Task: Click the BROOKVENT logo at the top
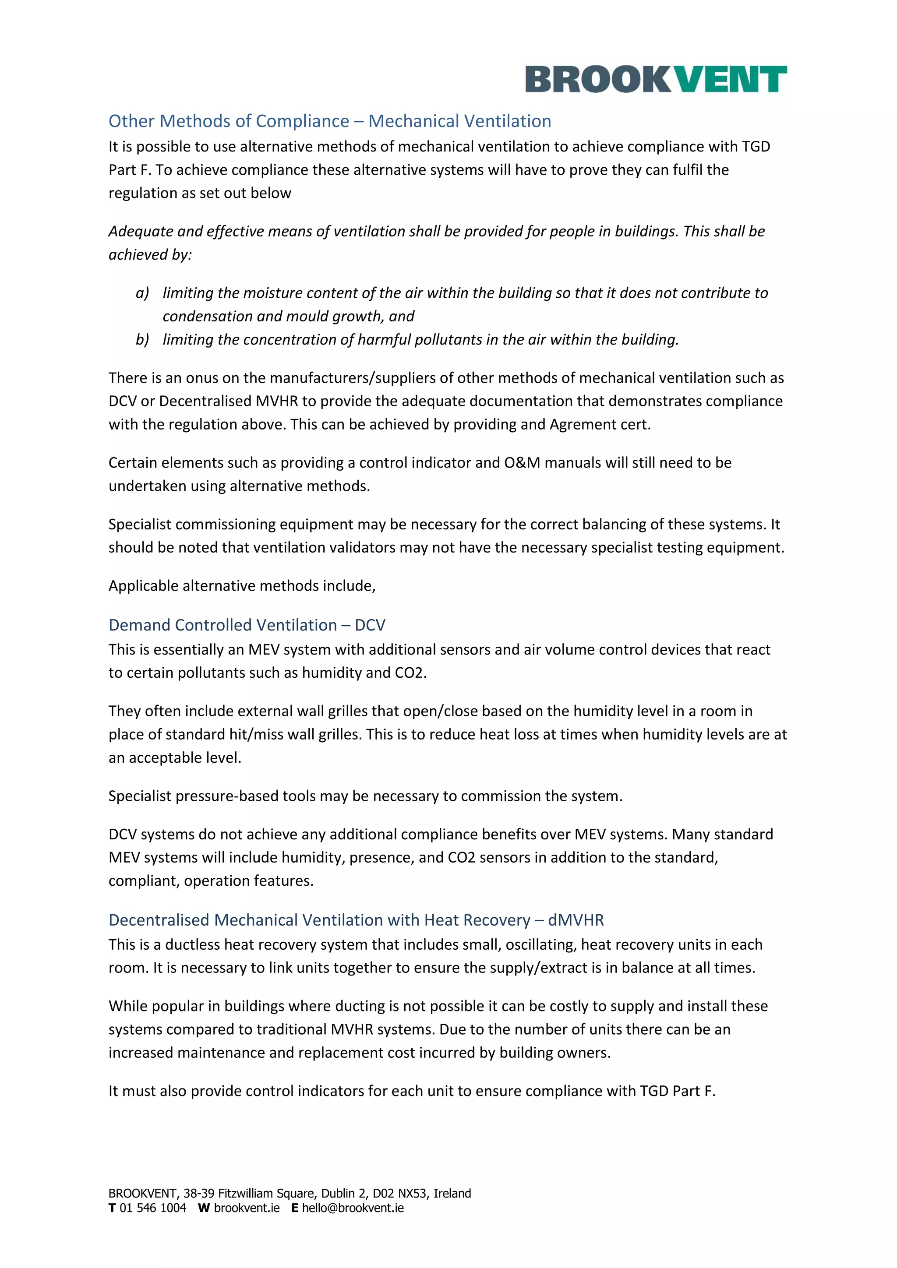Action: point(656,79)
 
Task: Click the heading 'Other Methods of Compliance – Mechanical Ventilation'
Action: point(330,121)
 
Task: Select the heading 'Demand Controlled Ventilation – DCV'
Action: point(247,625)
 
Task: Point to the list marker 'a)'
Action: point(142,293)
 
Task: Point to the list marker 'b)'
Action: point(142,339)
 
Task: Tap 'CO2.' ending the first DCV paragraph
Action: point(410,673)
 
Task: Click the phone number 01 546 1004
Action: point(153,1208)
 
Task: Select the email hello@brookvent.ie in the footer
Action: point(353,1208)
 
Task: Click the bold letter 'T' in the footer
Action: point(112,1208)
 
